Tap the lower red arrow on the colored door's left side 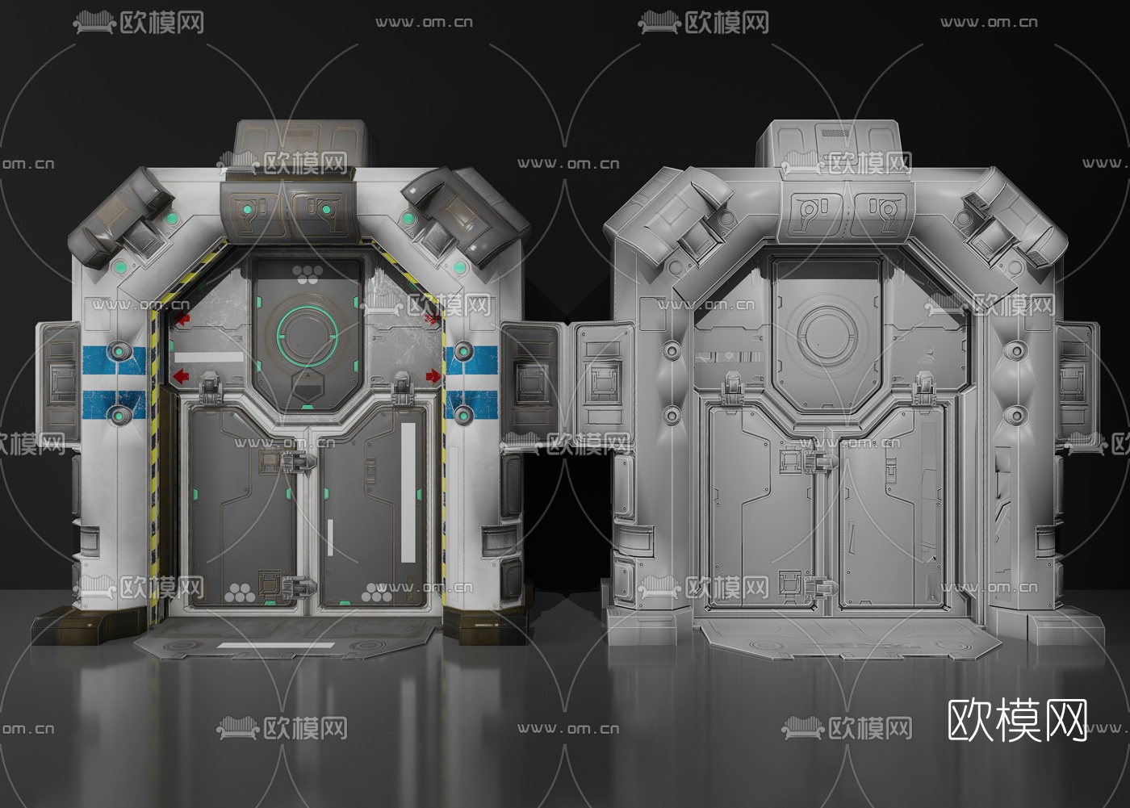coord(181,375)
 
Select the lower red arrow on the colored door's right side coord(433,375)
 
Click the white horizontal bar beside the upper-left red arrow coord(208,357)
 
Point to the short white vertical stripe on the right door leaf coord(330,538)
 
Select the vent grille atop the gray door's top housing coord(835,132)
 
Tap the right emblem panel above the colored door coord(321,212)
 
